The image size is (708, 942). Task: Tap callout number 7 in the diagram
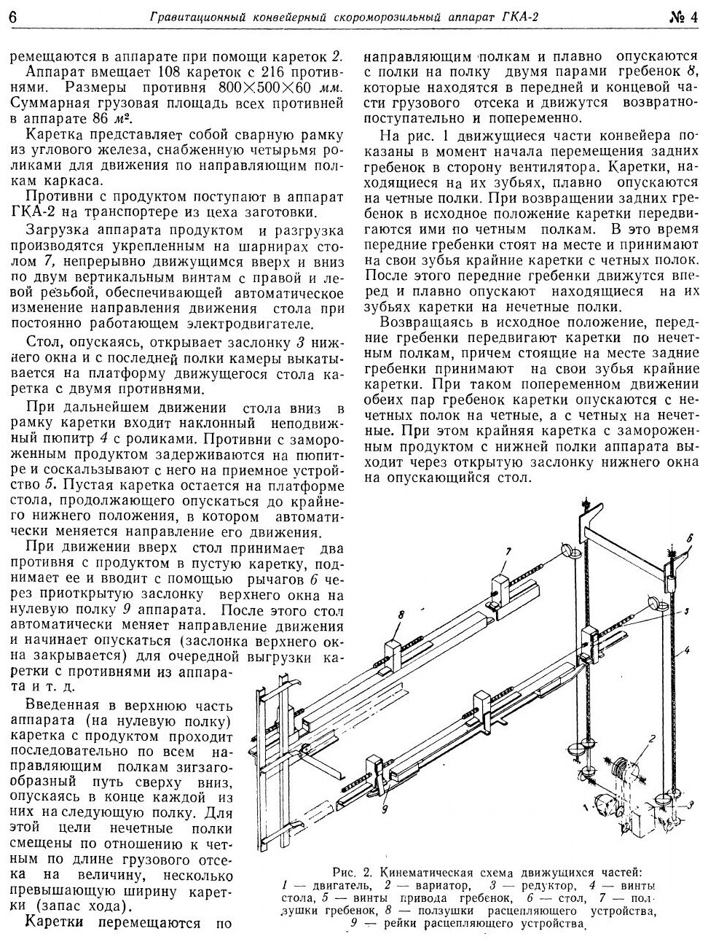click(x=509, y=550)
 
